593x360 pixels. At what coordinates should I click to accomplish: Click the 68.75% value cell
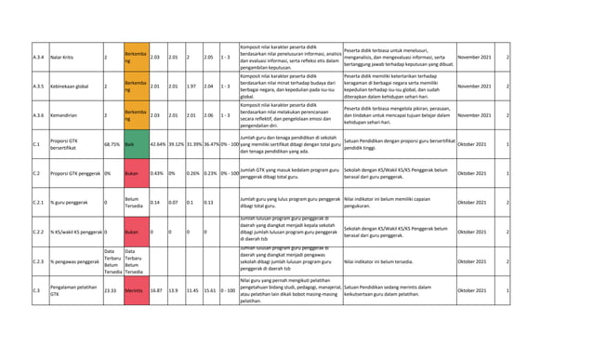(x=112, y=145)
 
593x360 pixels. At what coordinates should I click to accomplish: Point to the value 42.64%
(x=157, y=145)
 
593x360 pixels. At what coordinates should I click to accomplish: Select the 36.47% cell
(x=216, y=145)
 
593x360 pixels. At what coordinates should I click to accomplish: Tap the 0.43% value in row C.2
(x=157, y=173)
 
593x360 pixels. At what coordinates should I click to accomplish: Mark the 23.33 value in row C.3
(x=110, y=290)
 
